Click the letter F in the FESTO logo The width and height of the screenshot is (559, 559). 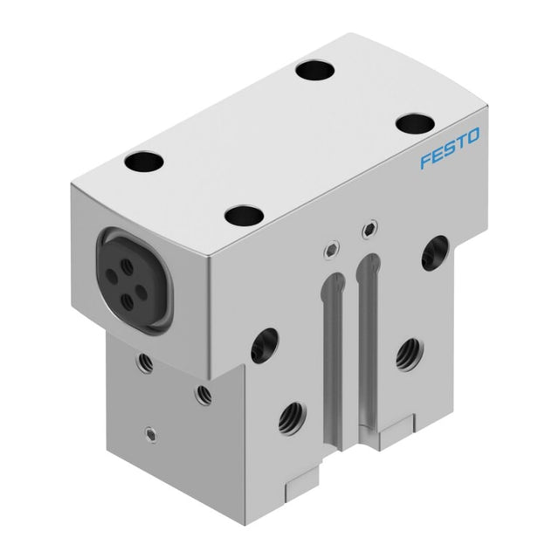(427, 161)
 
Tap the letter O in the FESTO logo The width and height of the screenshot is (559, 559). (472, 136)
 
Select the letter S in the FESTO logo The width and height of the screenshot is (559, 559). (449, 149)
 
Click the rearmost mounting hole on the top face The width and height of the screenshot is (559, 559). (314, 70)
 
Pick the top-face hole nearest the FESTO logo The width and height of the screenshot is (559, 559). (416, 123)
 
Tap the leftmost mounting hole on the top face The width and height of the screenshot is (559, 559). (144, 161)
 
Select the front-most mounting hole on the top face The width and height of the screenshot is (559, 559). (245, 216)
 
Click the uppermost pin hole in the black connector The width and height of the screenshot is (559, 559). (126, 266)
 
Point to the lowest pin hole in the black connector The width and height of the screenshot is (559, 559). (128, 302)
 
